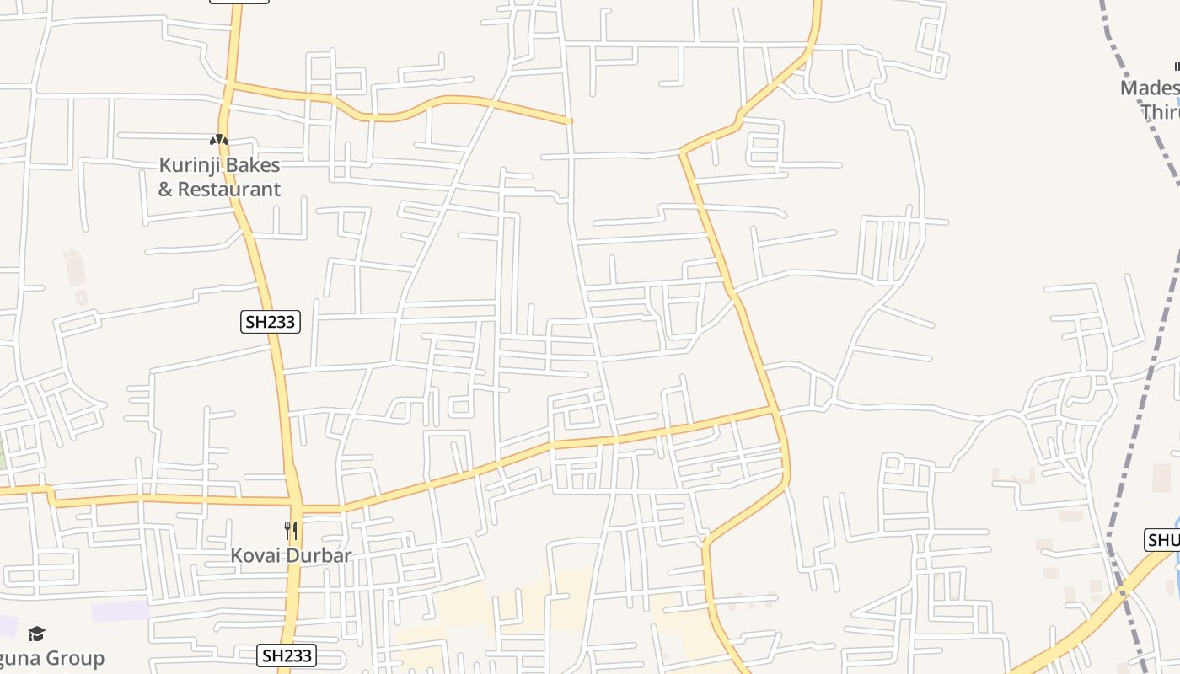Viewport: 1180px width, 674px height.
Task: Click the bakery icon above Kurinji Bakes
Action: tap(219, 140)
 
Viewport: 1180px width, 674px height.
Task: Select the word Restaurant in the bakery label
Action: tap(228, 189)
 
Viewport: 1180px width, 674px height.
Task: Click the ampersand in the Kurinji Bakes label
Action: tap(165, 189)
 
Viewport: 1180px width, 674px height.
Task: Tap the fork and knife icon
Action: tap(291, 531)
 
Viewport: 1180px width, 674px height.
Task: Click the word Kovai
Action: tap(256, 556)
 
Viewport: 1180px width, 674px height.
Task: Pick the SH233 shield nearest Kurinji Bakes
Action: tap(271, 322)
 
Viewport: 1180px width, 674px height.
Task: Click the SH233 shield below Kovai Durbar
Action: tap(287, 655)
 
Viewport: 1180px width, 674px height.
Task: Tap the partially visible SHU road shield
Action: tap(1162, 540)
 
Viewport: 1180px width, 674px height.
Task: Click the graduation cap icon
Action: tap(36, 634)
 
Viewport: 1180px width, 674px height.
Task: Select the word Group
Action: tap(76, 658)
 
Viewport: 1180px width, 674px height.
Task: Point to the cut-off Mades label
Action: tap(1149, 88)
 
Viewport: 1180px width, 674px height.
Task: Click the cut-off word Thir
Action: tap(1160, 111)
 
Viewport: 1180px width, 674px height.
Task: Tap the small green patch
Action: tap(3, 455)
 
